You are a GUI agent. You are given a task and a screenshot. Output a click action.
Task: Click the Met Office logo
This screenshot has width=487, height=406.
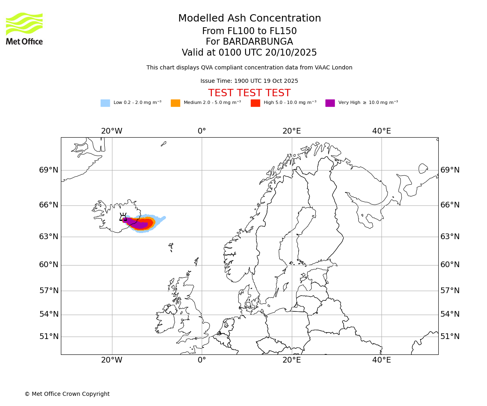(24, 28)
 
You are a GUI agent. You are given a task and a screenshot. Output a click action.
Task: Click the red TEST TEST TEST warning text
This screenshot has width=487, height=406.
(249, 93)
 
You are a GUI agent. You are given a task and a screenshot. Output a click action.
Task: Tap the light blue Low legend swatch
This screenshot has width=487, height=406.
(105, 103)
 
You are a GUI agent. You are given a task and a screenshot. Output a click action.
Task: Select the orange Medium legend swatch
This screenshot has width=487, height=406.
(175, 103)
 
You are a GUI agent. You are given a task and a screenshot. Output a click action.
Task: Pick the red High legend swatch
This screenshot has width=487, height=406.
(255, 103)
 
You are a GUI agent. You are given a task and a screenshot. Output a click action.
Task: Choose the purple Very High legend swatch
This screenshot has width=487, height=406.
(330, 103)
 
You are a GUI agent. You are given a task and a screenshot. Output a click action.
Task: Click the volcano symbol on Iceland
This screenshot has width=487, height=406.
(123, 217)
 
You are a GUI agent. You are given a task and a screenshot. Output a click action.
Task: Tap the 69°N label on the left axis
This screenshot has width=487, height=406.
(49, 170)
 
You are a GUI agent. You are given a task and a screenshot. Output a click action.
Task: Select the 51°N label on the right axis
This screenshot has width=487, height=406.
(450, 337)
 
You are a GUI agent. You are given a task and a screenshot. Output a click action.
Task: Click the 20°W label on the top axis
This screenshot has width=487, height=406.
(112, 131)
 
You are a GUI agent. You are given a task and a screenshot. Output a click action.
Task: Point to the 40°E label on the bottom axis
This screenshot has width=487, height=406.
(381, 360)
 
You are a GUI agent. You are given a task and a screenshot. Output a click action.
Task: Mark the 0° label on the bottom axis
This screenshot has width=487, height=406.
(202, 360)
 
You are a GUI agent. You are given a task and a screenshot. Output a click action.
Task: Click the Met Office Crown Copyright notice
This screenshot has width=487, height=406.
(67, 394)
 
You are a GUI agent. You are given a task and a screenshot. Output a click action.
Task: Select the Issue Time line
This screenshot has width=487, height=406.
(249, 81)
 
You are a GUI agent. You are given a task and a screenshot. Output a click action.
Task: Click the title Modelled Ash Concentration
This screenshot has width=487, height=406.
(249, 19)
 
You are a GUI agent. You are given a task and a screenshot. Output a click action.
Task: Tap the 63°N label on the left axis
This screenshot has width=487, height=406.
(49, 237)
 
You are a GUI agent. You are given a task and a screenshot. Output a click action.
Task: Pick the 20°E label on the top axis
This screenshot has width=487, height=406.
(291, 131)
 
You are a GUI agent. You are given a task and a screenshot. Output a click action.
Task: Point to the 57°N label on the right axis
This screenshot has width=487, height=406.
(450, 291)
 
